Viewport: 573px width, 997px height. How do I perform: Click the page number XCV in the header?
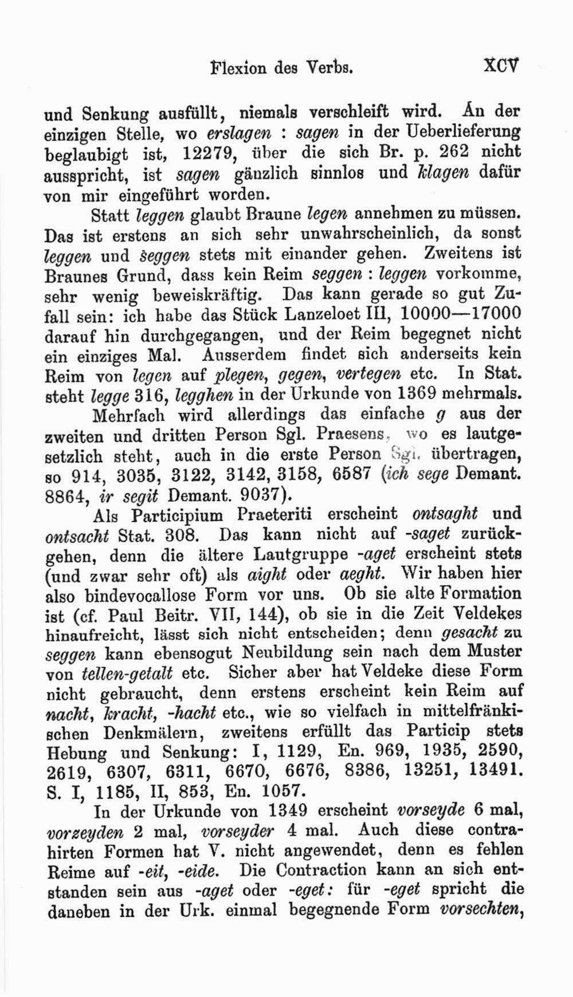(x=501, y=66)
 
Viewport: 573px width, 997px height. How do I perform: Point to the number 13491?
(x=493, y=770)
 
